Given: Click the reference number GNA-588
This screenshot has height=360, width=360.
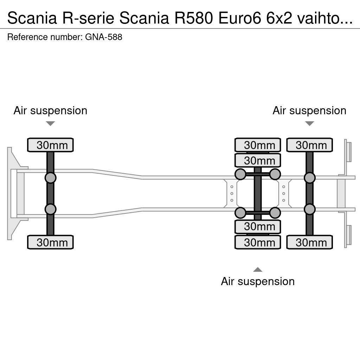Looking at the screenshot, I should [x=104, y=37].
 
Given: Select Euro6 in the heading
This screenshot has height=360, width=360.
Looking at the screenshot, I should [x=239, y=18].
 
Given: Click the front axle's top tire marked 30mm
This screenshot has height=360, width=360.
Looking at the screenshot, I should [x=50, y=145].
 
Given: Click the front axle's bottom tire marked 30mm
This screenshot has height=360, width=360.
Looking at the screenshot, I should [x=50, y=242].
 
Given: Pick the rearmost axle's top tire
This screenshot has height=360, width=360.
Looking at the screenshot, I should [x=309, y=145].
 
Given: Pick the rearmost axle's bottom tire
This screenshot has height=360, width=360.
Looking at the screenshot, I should [x=309, y=242].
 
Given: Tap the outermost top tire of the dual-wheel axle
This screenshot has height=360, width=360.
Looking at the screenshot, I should [x=258, y=145].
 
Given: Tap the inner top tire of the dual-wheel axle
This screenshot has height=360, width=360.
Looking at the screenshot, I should [x=258, y=160].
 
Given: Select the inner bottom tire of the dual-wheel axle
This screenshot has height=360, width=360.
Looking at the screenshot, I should [x=258, y=227].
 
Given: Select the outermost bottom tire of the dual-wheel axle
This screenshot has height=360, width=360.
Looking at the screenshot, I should [x=258, y=242].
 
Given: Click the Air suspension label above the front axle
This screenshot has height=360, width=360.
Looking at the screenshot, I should [x=50, y=110].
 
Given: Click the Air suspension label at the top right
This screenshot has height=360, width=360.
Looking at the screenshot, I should [x=309, y=110].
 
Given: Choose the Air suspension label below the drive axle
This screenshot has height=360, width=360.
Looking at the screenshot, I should [x=258, y=281].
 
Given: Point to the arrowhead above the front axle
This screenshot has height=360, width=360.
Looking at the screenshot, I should [x=50, y=123].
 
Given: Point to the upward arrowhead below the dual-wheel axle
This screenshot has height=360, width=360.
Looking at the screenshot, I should [x=258, y=270].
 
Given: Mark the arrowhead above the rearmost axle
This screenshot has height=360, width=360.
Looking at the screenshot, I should [x=309, y=123].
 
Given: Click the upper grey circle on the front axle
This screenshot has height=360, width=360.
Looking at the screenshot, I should [x=50, y=178].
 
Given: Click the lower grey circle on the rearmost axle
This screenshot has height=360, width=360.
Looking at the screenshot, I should [x=309, y=209].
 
